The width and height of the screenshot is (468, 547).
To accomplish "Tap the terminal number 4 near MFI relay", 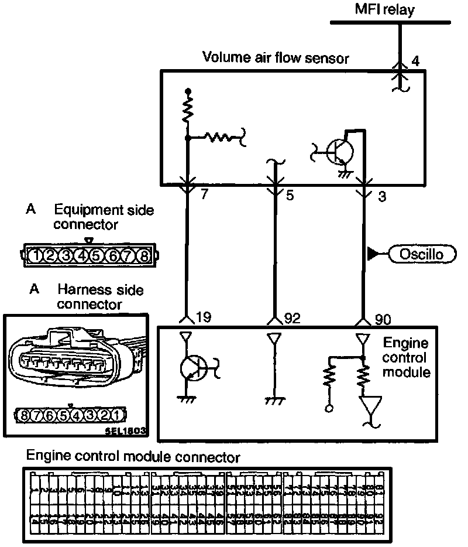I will tap(416, 60).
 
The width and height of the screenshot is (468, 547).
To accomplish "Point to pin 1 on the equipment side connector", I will tap(37, 256).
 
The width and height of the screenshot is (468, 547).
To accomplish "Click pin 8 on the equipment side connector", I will tap(143, 256).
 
